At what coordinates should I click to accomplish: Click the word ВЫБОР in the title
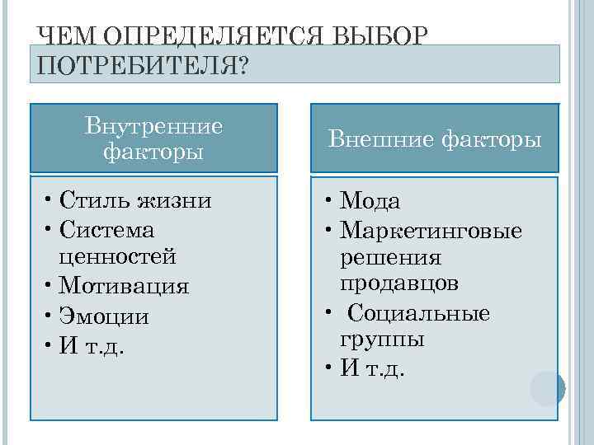click(381, 36)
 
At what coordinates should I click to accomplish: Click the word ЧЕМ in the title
click(68, 36)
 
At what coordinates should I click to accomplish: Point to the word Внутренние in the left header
click(153, 126)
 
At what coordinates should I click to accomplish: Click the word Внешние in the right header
click(377, 139)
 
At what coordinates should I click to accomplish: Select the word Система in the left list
click(107, 228)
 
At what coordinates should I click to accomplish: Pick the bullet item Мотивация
click(125, 286)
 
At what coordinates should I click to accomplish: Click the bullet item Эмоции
click(105, 316)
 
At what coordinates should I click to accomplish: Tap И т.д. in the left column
click(92, 344)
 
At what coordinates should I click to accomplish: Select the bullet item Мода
click(370, 201)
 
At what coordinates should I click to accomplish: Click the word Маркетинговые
click(431, 229)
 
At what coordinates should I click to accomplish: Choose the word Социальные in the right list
click(419, 313)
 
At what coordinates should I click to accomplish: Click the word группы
click(382, 340)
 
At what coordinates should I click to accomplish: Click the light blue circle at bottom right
click(547, 388)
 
